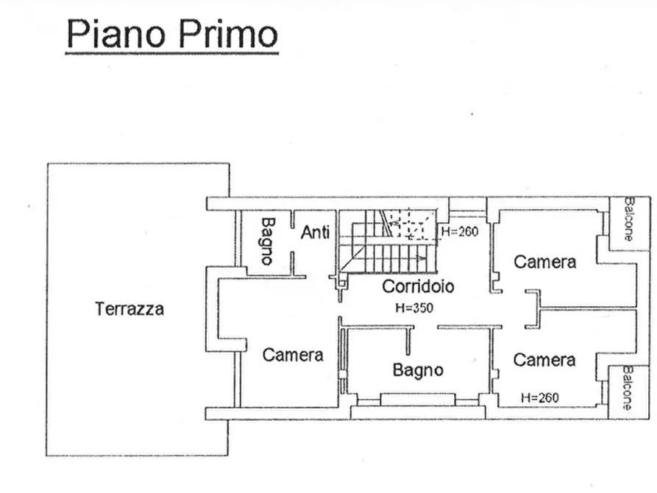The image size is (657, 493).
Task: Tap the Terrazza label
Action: pos(129,309)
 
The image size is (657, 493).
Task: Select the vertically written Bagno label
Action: pos(267,241)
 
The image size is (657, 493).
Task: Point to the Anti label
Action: pos(315,233)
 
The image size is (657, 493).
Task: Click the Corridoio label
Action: pos(417,286)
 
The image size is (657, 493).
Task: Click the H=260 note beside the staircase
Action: pos(460,232)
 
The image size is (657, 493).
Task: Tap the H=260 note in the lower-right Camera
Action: pos(539,397)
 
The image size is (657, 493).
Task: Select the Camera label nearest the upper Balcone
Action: pos(544,261)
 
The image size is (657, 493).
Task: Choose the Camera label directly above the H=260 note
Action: pos(544,360)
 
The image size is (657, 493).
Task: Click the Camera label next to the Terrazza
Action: pos(293,355)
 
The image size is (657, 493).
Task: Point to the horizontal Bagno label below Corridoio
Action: pos(417,369)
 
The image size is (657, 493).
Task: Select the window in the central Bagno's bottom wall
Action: pos(417,399)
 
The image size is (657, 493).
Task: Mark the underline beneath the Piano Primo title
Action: pos(171,52)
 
